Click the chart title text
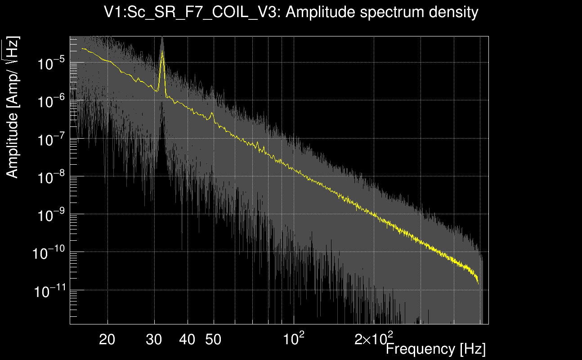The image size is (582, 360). (x=291, y=12)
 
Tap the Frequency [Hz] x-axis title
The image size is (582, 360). (x=435, y=349)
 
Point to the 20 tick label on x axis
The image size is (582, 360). (x=107, y=339)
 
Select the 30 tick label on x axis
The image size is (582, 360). (x=155, y=339)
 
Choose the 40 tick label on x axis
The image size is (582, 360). (x=187, y=339)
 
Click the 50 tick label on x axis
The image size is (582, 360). (x=213, y=339)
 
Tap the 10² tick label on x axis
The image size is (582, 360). (x=293, y=338)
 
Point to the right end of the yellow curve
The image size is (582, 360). (x=478, y=283)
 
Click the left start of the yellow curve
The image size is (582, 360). (x=82, y=48)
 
